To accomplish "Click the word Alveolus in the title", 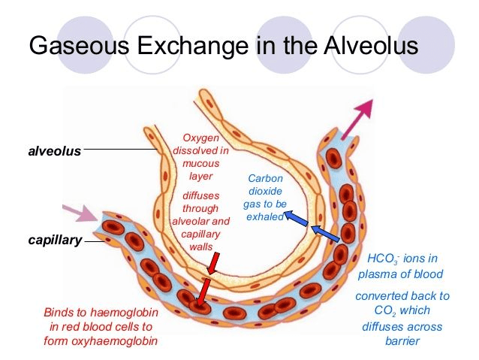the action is click(371, 46).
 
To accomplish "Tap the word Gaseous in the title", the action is click(79, 46).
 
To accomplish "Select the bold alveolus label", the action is click(55, 151).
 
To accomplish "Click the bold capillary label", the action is click(55, 240).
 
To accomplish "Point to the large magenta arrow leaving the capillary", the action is click(357, 119).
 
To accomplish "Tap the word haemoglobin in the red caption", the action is click(125, 313).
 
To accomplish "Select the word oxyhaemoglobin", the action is click(114, 340).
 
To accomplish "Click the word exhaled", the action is click(265, 216).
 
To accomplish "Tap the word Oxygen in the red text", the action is click(200, 138).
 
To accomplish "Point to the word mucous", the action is click(200, 163).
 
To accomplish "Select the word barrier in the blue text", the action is click(402, 340).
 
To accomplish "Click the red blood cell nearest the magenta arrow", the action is click(333, 158).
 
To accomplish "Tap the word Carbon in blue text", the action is click(265, 178).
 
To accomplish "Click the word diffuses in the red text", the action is click(200, 195).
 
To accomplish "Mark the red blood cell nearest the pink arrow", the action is click(113, 228).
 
